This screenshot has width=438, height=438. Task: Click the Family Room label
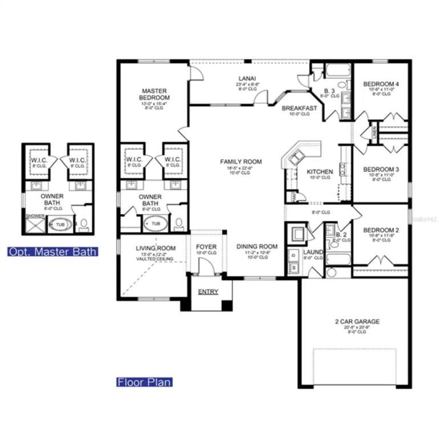pyautogui.click(x=241, y=162)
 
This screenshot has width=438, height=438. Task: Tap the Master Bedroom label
pyautogui.click(x=154, y=94)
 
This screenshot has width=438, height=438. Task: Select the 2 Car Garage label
pyautogui.click(x=357, y=322)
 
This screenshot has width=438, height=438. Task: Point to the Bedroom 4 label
pyautogui.click(x=381, y=84)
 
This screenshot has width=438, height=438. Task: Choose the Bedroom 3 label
pyautogui.click(x=381, y=169)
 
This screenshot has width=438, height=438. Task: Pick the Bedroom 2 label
pyautogui.click(x=381, y=230)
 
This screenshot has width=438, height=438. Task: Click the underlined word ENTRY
pyautogui.click(x=208, y=292)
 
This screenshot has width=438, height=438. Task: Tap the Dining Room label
pyautogui.click(x=257, y=246)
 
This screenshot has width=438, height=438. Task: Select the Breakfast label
pyautogui.click(x=299, y=108)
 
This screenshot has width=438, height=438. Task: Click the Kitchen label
pyautogui.click(x=320, y=171)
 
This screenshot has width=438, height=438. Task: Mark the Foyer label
pyautogui.click(x=206, y=247)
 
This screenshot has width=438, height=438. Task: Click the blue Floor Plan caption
pyautogui.click(x=144, y=382)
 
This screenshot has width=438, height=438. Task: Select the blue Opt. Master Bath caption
pyautogui.click(x=53, y=252)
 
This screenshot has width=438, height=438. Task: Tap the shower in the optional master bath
pyautogui.click(x=36, y=225)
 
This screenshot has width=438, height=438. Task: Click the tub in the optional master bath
pyautogui.click(x=60, y=224)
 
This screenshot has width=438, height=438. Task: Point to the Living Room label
pyautogui.click(x=156, y=248)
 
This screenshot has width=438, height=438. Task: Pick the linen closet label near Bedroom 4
pyautogui.click(x=374, y=131)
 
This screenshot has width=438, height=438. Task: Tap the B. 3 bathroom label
pyautogui.click(x=329, y=91)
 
